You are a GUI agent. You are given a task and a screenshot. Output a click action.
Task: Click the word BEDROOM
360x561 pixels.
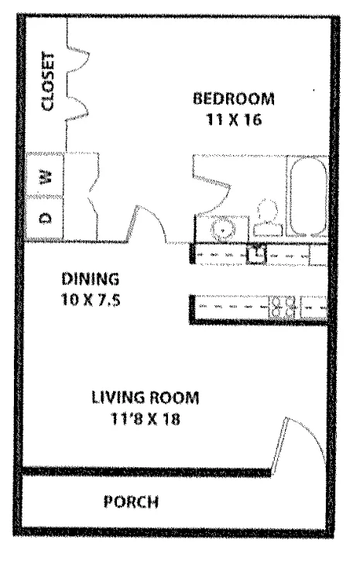[x=234, y=99]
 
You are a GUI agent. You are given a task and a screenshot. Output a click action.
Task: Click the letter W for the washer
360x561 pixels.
[x=46, y=176]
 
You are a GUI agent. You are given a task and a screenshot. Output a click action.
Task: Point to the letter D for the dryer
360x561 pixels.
[x=46, y=216]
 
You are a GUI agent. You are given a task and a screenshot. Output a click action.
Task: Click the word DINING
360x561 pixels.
[x=91, y=278]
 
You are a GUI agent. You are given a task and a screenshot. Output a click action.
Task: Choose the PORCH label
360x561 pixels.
[x=131, y=501]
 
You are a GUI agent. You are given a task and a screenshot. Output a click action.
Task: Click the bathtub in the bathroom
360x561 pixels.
[x=308, y=195]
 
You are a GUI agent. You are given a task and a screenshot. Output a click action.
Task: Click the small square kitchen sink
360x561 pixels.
[x=255, y=252]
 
